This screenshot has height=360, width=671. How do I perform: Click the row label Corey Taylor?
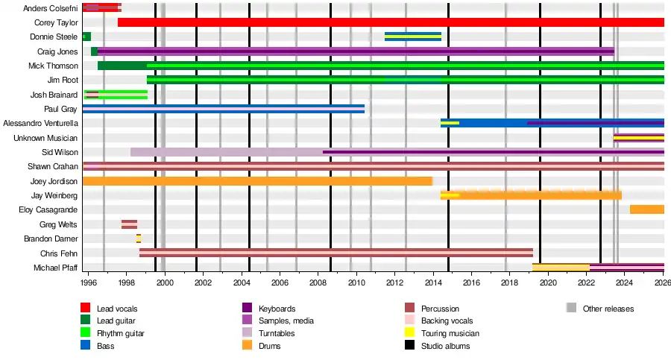[x=56, y=22]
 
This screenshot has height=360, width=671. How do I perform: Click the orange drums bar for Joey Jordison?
[x=257, y=181]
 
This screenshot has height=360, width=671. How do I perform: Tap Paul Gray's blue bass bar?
[x=224, y=109]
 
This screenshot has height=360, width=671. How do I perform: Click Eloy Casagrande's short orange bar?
[x=646, y=209]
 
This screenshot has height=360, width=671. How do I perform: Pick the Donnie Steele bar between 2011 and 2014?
[x=412, y=36]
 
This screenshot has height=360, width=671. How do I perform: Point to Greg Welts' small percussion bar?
[x=129, y=224]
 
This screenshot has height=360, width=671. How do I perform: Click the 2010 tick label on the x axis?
[x=356, y=282]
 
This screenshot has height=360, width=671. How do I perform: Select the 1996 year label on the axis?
[x=88, y=282]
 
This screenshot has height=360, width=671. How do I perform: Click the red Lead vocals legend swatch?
[x=86, y=308]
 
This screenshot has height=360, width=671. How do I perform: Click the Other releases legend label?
[x=608, y=308]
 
